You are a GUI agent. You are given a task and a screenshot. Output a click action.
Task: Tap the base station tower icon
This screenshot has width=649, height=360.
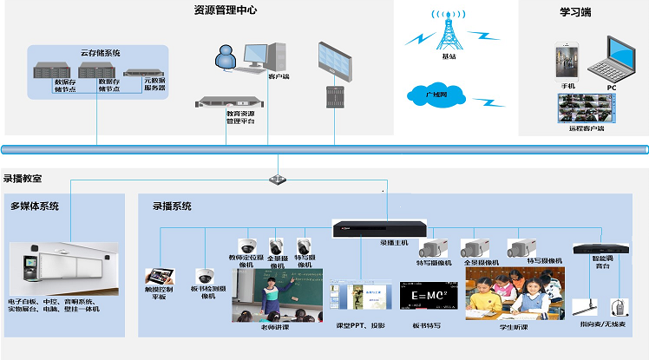[449, 32]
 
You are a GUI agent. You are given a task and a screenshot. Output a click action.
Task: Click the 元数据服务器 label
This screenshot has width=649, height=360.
[155, 84]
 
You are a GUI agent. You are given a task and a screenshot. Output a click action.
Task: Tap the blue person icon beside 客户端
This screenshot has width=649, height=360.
[225, 59]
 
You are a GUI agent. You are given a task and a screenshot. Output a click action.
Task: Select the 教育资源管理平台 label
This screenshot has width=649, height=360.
[240, 117]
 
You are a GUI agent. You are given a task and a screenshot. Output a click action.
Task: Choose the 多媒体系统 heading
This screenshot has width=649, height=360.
[35, 206]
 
